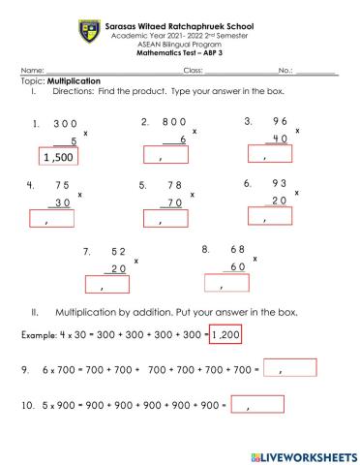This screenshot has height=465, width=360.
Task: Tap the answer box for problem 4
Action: (51, 218)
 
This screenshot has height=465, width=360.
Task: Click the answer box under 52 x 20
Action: (107, 283)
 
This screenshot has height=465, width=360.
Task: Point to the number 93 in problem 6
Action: (277, 184)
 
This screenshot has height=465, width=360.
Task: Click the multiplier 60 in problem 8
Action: (237, 266)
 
